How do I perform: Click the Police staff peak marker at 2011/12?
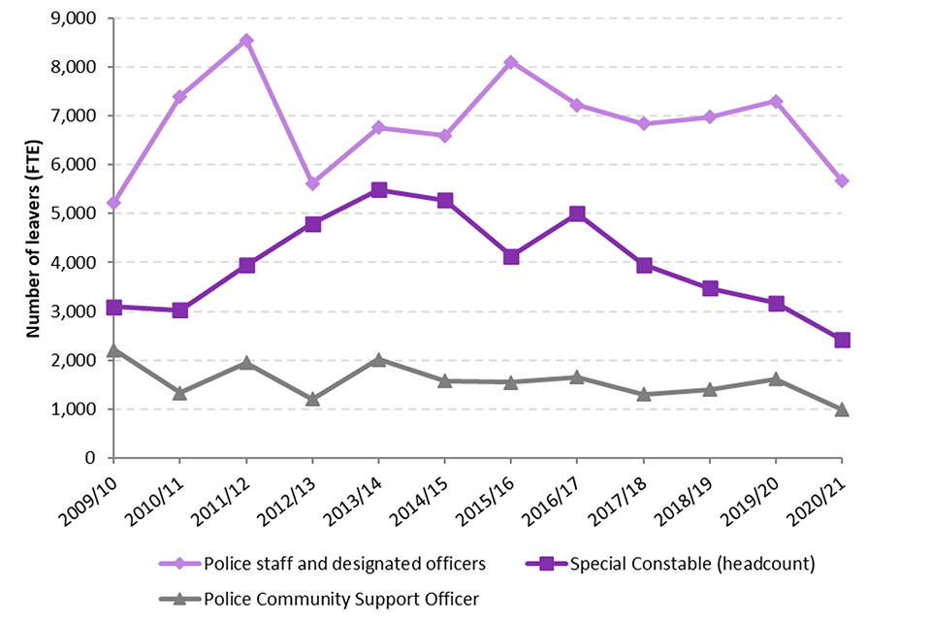coord(246,41)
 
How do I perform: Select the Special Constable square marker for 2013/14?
coord(379,190)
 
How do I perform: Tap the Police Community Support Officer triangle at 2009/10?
coord(114,349)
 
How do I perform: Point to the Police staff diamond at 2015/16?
coord(511,62)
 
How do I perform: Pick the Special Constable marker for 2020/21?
coord(842,340)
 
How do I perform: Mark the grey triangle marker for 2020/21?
coord(842,409)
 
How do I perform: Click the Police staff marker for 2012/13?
coord(312,183)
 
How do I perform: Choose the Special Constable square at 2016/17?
coord(577,214)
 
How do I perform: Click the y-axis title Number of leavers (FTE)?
coord(33,238)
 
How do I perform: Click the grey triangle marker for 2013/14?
coord(379,359)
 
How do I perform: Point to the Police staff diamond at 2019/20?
coord(776,101)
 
